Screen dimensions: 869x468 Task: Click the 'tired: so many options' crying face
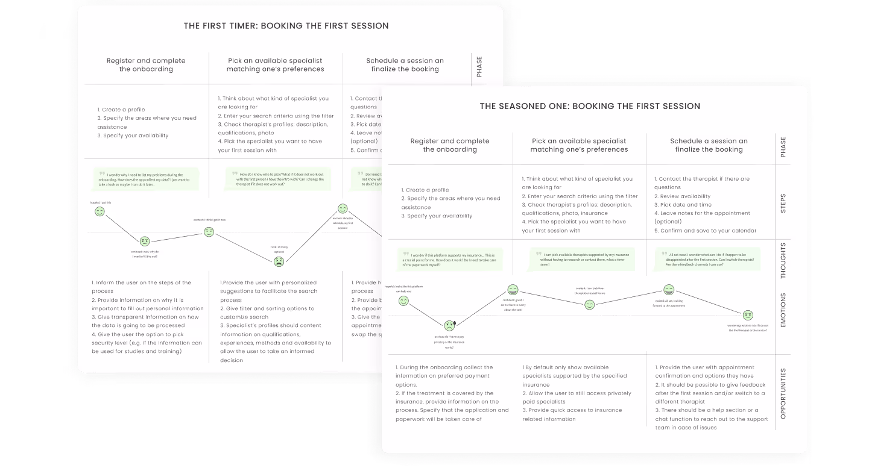coord(279,261)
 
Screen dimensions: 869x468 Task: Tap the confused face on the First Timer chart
coord(145,242)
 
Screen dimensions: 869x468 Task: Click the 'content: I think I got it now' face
coord(209,232)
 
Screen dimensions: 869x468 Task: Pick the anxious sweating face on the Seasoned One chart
coord(450,326)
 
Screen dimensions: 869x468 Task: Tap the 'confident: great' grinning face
coord(513,290)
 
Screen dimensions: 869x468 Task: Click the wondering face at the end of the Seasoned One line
coord(748,314)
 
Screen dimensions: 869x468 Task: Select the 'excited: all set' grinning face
coord(669,290)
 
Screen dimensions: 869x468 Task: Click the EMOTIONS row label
coord(783,310)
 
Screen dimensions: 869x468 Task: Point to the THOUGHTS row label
coord(783,264)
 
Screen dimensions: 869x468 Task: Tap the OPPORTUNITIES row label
coord(783,392)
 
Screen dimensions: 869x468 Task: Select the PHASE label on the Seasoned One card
coord(783,147)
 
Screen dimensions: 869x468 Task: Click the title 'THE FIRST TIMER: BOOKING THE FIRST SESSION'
coord(286,26)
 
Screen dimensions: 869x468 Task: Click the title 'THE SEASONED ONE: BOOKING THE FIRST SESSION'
coord(590,106)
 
